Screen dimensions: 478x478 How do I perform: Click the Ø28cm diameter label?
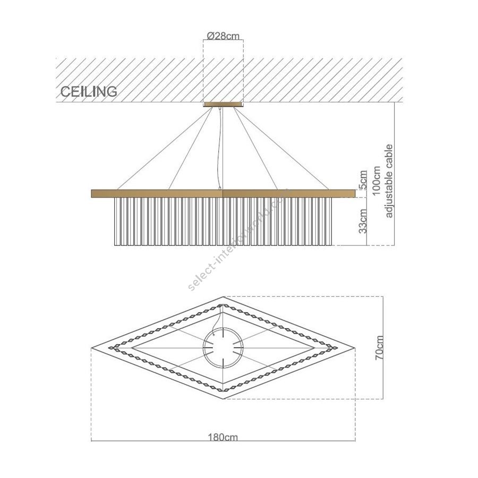pyautogui.click(x=223, y=36)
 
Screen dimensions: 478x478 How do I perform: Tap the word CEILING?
pyautogui.click(x=89, y=91)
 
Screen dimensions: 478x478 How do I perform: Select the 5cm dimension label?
pyautogui.click(x=363, y=180)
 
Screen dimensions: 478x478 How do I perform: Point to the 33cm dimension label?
pyautogui.click(x=363, y=221)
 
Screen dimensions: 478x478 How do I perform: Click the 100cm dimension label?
pyautogui.click(x=377, y=181)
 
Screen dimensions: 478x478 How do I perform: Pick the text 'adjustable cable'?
pyautogui.click(x=389, y=181)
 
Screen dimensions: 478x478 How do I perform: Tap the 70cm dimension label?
pyautogui.click(x=379, y=347)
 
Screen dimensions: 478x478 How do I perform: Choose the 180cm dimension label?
pyautogui.click(x=223, y=437)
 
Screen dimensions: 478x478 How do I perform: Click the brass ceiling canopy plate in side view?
pyautogui.click(x=223, y=104)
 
